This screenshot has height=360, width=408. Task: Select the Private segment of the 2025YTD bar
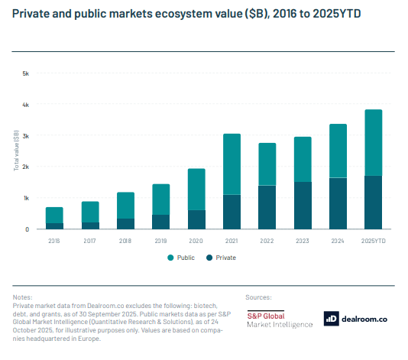pos(373,203)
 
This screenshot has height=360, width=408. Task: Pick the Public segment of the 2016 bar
pos(54,215)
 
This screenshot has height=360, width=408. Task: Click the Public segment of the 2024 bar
pos(338,151)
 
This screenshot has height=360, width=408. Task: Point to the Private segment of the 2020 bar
pos(196,219)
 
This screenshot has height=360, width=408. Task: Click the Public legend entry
pos(181,258)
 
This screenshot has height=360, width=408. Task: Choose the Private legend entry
pos(221,258)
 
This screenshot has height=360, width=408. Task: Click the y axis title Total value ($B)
pos(15,151)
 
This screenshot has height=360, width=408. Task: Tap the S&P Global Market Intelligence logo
pos(279,319)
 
